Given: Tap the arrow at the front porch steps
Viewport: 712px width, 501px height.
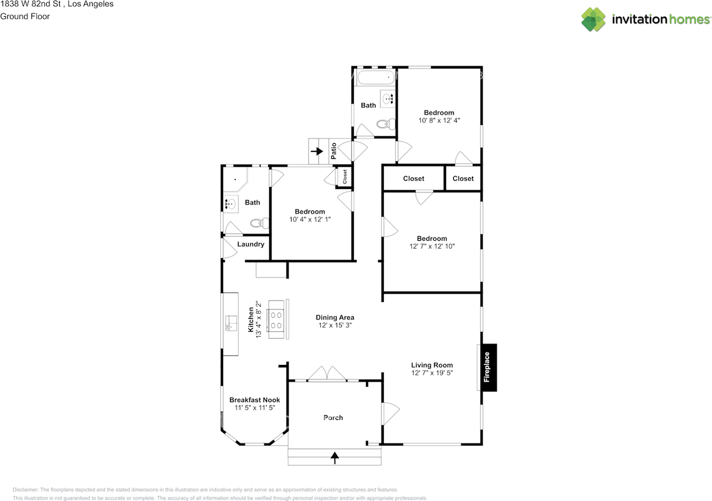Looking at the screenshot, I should (334, 458).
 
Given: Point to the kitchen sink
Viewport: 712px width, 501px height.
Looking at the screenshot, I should (231, 323).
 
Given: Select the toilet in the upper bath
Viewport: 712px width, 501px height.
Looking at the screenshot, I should (385, 124).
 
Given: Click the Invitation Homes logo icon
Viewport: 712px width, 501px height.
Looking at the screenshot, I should (594, 19).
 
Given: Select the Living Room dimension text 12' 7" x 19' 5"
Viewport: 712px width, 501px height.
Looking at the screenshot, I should (432, 373).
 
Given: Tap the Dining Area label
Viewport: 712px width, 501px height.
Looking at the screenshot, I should (335, 318).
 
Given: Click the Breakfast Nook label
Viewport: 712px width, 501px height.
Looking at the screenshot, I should (255, 400).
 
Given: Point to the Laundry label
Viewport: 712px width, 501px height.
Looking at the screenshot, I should (251, 244).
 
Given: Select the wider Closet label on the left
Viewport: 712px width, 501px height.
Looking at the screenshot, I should (413, 178).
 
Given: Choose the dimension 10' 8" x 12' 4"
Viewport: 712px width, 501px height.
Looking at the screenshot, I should (439, 120).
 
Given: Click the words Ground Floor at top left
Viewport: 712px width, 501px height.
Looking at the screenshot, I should (25, 16).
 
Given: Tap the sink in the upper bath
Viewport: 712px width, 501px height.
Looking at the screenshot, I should (387, 99).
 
